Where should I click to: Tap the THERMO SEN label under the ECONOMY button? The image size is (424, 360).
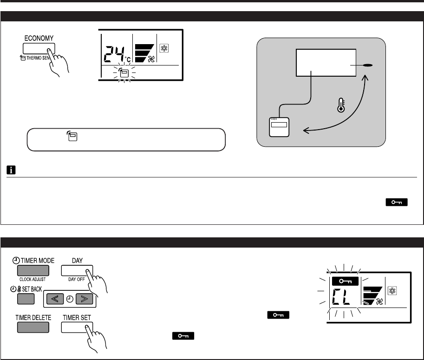pyautogui.click(x=40, y=59)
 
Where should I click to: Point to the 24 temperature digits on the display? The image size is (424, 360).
pyautogui.click(x=114, y=55)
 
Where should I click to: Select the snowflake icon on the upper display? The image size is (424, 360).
pyautogui.click(x=163, y=48)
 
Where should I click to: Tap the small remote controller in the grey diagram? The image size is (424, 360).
pyautogui.click(x=279, y=127)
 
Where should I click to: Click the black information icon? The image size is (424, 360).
pyautogui.click(x=11, y=170)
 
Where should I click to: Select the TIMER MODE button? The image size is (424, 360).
pyautogui.click(x=32, y=271)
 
